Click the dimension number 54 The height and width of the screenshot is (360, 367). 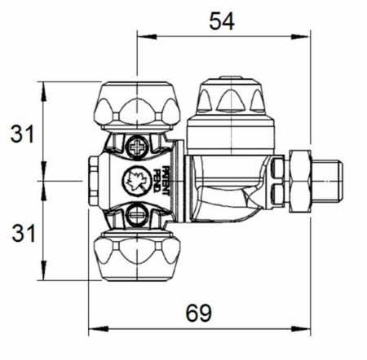pyautogui.click(x=222, y=21)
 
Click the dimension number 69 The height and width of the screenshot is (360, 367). pyautogui.click(x=198, y=313)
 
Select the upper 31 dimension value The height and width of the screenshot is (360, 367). pyautogui.click(x=22, y=134)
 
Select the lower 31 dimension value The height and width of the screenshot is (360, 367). pyautogui.click(x=24, y=234)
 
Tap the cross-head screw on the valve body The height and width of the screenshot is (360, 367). pyautogui.click(x=137, y=147)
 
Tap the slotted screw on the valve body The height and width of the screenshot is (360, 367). pyautogui.click(x=137, y=215)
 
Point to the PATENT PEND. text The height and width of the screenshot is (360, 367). pyautogui.click(x=161, y=181)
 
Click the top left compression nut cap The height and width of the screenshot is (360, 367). pyautogui.click(x=137, y=105)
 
